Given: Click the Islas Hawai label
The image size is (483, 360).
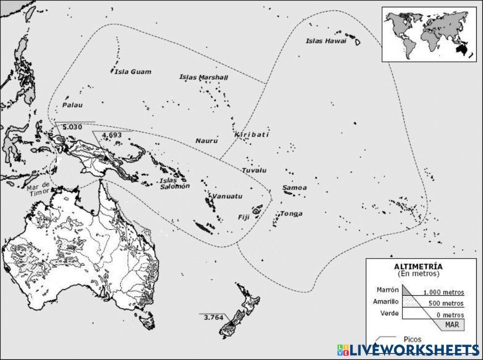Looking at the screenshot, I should [326, 41].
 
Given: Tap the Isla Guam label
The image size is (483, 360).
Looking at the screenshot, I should [133, 72].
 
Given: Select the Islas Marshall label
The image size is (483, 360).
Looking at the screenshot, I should [203, 77].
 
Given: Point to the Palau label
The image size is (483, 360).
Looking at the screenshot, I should [72, 105].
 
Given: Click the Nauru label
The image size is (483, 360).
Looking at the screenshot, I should [206, 141].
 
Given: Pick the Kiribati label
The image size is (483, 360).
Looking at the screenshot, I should [252, 135].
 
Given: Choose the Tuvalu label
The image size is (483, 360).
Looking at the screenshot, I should [254, 170].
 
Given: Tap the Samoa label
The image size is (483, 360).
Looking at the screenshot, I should [295, 188].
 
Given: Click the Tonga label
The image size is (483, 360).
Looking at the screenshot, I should [291, 214].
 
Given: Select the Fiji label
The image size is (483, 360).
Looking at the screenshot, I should [243, 217].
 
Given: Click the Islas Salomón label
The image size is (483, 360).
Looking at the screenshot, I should [174, 183].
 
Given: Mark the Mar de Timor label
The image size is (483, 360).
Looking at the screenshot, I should [38, 189].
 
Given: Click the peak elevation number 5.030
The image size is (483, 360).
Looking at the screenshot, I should [72, 127].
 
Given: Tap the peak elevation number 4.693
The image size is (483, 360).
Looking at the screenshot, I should [112, 135].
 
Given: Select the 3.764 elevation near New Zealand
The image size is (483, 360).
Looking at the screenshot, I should [213, 317].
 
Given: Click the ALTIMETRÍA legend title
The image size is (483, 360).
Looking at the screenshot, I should [418, 266].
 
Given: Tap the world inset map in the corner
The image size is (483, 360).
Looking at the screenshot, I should [426, 34].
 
